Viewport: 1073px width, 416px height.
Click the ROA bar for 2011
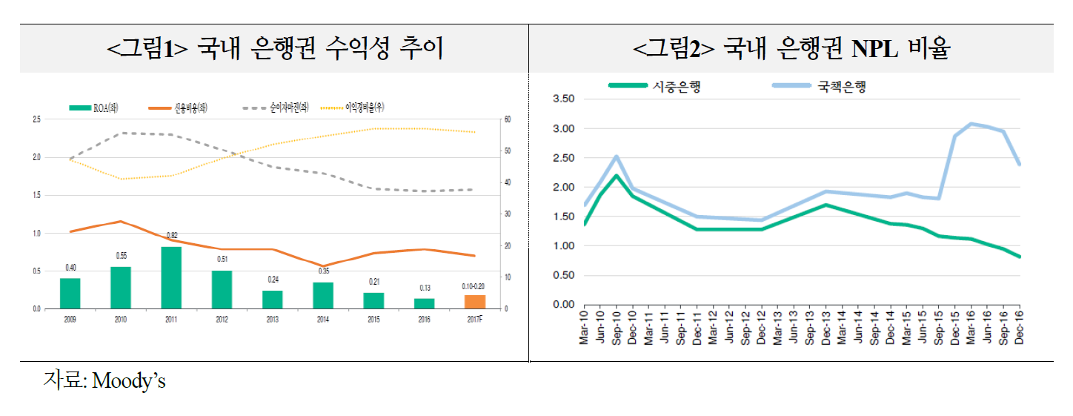point(171,277)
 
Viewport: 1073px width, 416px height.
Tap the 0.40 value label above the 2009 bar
point(70,268)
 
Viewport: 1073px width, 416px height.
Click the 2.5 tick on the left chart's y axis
point(36,119)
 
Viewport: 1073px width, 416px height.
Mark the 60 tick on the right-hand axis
point(507,119)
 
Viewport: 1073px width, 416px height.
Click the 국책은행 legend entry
point(819,85)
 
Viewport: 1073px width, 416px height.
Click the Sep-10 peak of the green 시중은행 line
point(617,176)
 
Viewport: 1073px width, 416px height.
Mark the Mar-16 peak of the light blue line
point(971,124)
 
